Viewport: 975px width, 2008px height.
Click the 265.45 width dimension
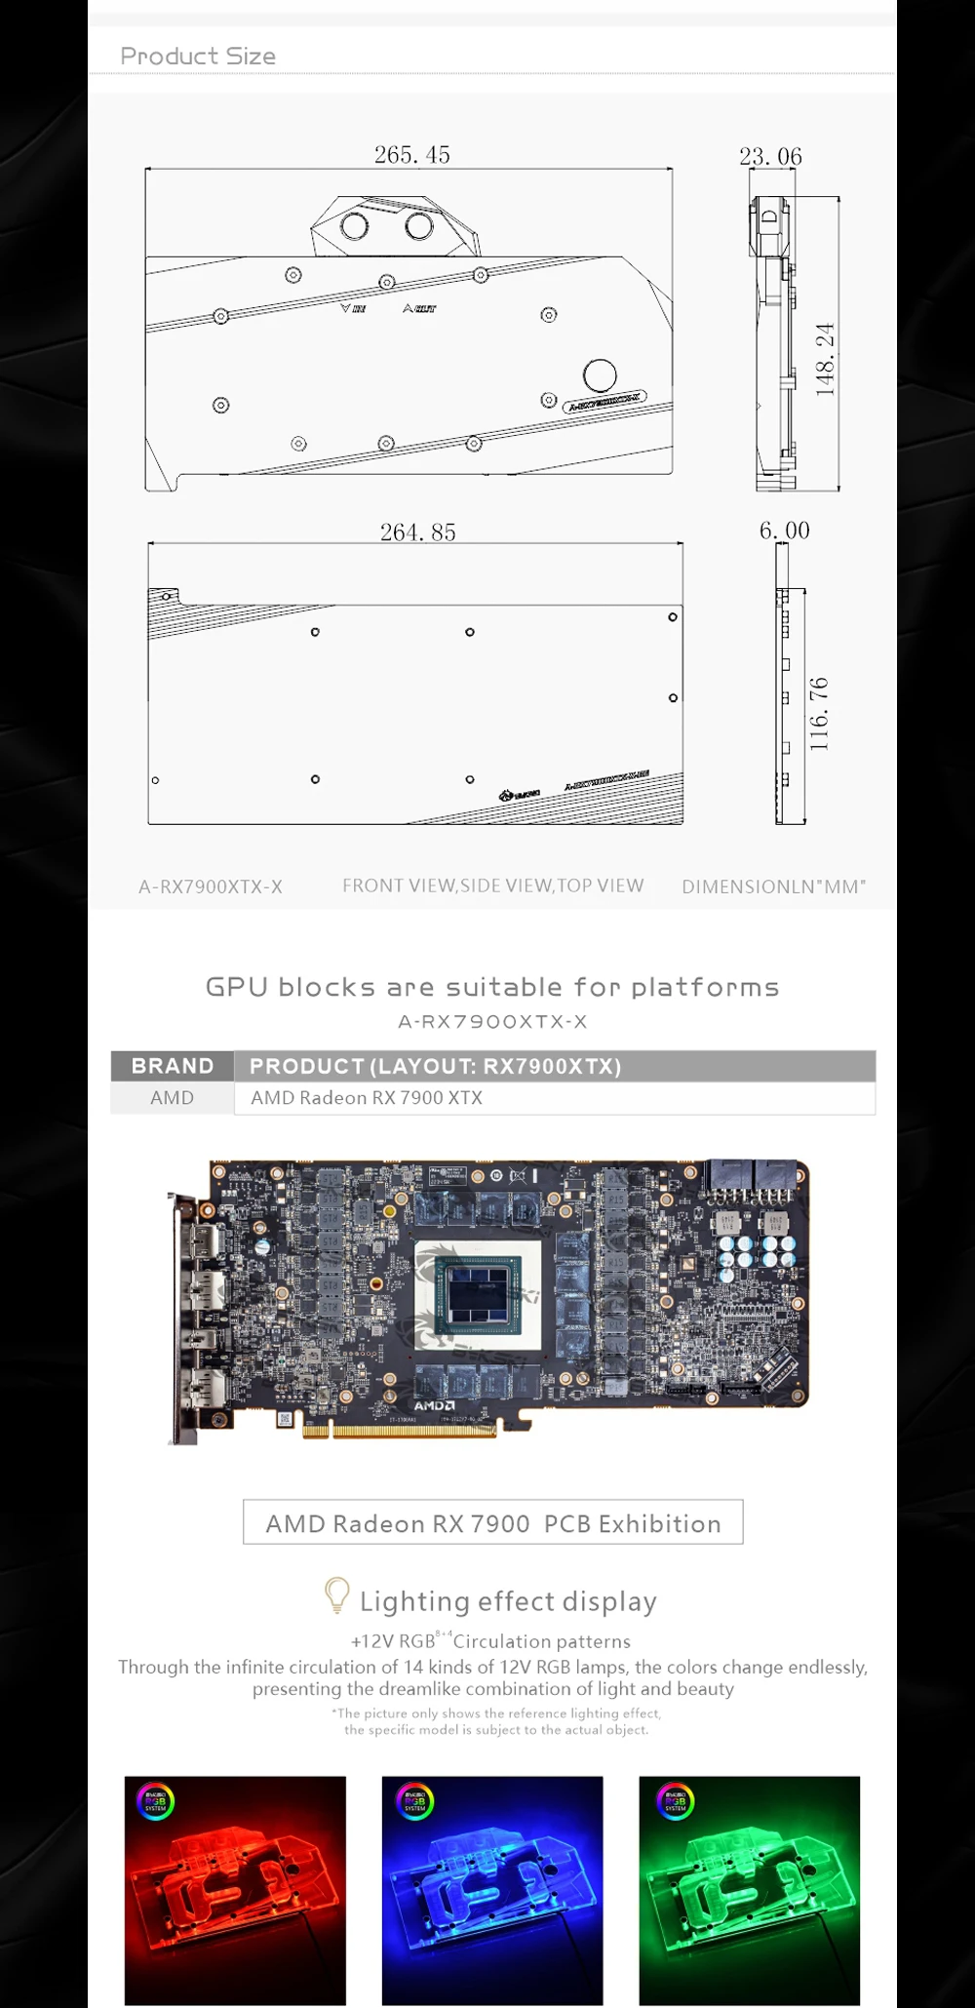pos(411,155)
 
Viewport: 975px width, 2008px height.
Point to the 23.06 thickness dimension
pos(770,156)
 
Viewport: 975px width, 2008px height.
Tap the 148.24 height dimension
pos(825,359)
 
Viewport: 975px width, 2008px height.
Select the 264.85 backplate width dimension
pos(417,532)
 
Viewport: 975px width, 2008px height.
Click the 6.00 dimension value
pos(784,531)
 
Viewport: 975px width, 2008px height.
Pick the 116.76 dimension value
pos(819,714)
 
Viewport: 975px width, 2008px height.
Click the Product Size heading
pos(198,57)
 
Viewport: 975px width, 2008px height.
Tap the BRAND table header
pos(173,1066)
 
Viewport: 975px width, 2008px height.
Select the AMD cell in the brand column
pos(172,1098)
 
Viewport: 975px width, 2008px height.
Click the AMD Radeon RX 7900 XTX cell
pos(367,1098)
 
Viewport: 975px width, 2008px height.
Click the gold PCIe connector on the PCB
pos(400,1431)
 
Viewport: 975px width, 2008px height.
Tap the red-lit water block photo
pos(235,1890)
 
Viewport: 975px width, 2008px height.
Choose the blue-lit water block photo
pos(492,1890)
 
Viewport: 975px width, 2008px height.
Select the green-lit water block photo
pos(749,1890)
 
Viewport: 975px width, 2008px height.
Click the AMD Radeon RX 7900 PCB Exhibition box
pos(492,1522)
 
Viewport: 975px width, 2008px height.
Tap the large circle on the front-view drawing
pos(600,375)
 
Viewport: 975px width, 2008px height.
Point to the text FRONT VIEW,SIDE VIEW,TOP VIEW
pos(492,886)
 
